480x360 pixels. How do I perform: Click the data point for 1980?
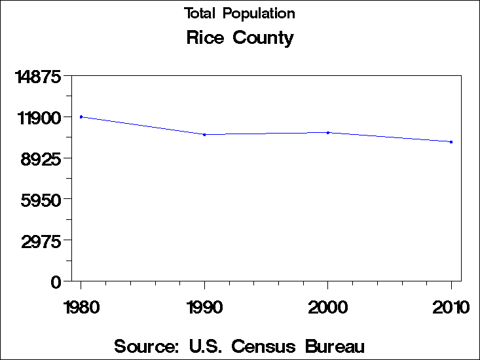(x=81, y=117)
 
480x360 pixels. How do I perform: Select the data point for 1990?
(x=205, y=135)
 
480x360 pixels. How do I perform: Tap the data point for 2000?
(x=328, y=132)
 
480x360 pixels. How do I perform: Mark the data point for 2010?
(x=451, y=142)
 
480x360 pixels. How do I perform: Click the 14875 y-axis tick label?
(x=39, y=77)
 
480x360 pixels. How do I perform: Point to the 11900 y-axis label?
(x=39, y=118)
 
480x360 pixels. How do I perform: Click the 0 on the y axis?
(x=56, y=282)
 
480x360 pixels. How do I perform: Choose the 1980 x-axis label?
(x=81, y=307)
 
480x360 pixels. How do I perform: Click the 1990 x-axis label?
(x=205, y=307)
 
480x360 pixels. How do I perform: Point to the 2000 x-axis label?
(x=328, y=307)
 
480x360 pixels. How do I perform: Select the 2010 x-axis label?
(x=451, y=307)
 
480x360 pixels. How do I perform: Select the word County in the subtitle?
(x=262, y=39)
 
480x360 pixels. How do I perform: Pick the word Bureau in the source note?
(x=335, y=346)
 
